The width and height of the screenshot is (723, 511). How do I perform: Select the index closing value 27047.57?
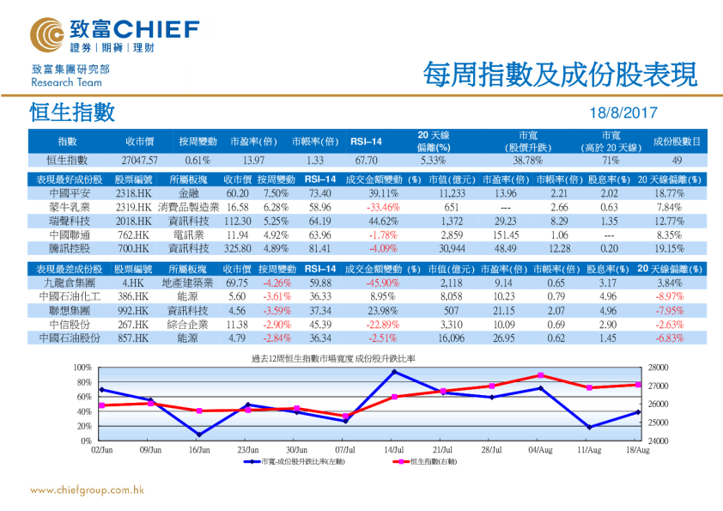click(140, 161)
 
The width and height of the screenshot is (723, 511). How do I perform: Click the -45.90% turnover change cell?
click(382, 283)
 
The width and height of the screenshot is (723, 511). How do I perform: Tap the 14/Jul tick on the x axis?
click(394, 449)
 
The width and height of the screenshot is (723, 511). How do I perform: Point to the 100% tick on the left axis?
click(84, 368)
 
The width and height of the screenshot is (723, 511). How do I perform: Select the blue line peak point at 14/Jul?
click(394, 372)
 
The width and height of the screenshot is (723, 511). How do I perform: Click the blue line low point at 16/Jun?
click(199, 435)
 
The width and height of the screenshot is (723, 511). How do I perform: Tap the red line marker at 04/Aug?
click(540, 375)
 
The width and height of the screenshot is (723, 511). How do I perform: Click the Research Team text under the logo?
click(66, 83)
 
